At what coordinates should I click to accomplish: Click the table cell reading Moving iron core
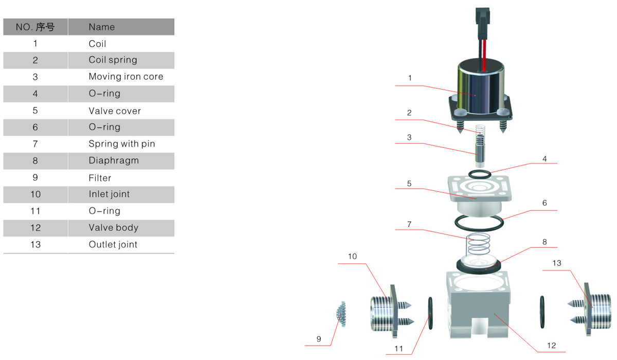coord(125,77)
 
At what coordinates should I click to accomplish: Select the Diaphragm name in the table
coord(114,160)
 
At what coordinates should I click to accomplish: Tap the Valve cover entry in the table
coord(115,111)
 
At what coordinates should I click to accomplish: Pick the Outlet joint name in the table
coord(113,244)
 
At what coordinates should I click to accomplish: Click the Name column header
coord(102,27)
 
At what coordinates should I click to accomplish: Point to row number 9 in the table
coord(35,177)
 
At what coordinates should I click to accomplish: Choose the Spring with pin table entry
coord(122,143)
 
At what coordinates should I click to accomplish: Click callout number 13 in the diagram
coord(557,263)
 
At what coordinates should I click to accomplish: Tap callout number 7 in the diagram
coord(409,224)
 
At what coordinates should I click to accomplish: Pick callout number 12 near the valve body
coord(552,346)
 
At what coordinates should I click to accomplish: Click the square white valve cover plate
coord(480,190)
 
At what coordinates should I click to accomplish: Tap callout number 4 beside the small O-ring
coord(545,159)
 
